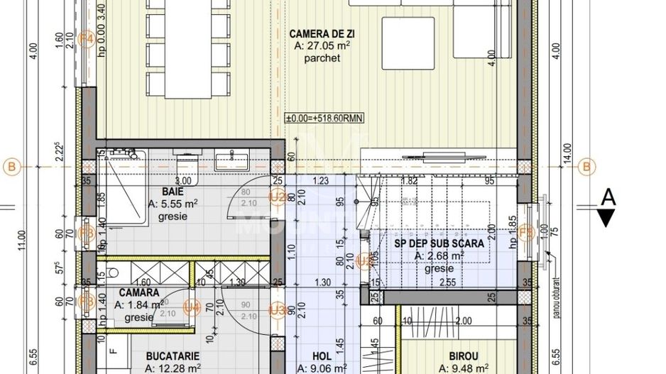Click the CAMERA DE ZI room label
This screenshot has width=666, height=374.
(322, 33)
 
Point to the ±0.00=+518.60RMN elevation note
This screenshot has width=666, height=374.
(324, 119)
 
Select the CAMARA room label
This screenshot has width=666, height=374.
(138, 292)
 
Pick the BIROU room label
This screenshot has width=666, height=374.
(463, 356)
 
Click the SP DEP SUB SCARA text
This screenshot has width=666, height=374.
(439, 243)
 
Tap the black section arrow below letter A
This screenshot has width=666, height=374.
(607, 218)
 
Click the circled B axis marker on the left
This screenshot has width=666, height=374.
(11, 167)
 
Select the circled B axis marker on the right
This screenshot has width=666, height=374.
(586, 167)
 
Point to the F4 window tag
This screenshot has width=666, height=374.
(87, 39)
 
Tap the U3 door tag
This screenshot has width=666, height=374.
(277, 309)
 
